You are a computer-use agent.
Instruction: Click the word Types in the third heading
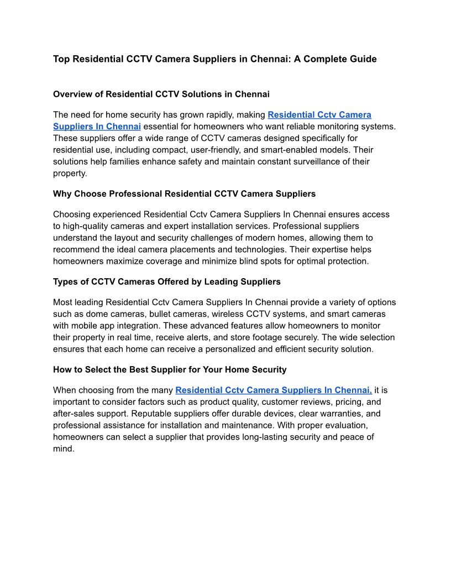click(65, 281)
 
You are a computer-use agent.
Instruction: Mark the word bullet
click(161, 314)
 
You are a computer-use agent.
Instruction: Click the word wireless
click(234, 314)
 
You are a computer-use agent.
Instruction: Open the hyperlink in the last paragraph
click(274, 390)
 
